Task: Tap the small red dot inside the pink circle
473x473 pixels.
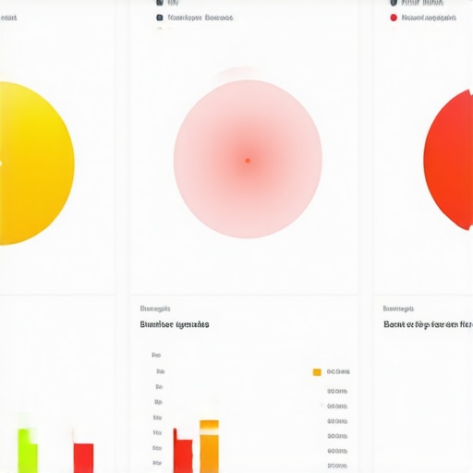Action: pyautogui.click(x=248, y=161)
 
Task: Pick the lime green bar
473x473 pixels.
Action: pyautogui.click(x=29, y=450)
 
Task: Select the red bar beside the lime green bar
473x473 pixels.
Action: pyautogui.click(x=83, y=457)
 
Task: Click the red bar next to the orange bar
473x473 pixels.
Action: pyautogui.click(x=183, y=455)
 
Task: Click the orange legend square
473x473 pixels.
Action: pyautogui.click(x=317, y=371)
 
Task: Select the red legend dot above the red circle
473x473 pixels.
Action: pyautogui.click(x=394, y=18)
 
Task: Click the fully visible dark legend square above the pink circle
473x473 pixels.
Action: pyautogui.click(x=160, y=18)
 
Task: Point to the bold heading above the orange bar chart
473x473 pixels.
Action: pyautogui.click(x=174, y=324)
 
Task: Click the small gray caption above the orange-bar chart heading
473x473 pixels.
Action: pyautogui.click(x=154, y=309)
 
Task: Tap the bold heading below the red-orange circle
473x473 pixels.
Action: pyautogui.click(x=428, y=324)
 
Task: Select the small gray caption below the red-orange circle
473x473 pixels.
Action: pyautogui.click(x=398, y=309)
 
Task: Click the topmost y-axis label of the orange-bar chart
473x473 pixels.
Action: pyautogui.click(x=156, y=355)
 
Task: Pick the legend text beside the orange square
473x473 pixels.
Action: pyautogui.click(x=338, y=371)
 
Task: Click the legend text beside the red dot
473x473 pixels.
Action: pyautogui.click(x=429, y=18)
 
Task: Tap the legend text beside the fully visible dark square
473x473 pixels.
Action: pyautogui.click(x=200, y=18)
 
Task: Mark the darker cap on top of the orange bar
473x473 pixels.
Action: pyautogui.click(x=210, y=425)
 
